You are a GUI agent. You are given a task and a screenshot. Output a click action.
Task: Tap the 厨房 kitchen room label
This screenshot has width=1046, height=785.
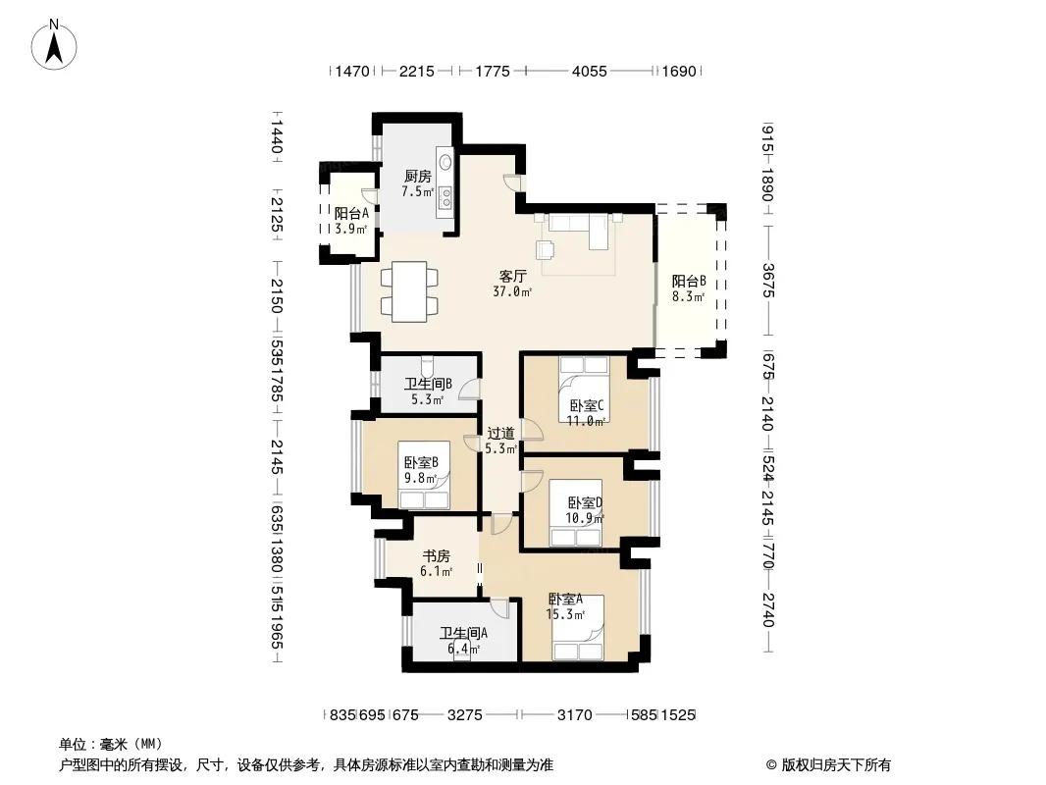[x=418, y=177]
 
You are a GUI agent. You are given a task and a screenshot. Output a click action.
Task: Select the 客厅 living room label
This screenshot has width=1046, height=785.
[x=513, y=276]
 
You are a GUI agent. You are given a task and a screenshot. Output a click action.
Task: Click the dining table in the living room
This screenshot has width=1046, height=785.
[x=409, y=291]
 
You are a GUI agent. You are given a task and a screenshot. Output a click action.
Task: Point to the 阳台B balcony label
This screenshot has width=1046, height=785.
[x=689, y=282]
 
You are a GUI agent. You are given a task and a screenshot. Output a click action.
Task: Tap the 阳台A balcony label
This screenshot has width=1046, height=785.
[x=351, y=214]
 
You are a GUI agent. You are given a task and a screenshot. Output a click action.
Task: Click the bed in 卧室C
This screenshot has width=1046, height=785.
[x=585, y=390]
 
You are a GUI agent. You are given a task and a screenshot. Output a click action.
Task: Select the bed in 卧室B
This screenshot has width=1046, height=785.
[x=424, y=475]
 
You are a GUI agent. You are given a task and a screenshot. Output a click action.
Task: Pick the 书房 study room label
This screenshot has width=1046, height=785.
[x=437, y=556]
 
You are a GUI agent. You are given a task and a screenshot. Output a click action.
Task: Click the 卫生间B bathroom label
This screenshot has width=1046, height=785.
[x=428, y=385]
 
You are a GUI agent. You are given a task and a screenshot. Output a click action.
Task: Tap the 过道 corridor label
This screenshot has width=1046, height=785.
[x=500, y=434]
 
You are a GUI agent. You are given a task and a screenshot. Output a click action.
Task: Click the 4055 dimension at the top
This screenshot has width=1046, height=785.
[x=589, y=71]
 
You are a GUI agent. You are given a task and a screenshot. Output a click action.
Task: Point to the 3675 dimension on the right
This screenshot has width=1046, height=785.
[x=767, y=281]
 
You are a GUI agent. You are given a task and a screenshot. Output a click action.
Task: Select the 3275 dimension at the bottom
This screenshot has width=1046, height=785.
[x=465, y=715]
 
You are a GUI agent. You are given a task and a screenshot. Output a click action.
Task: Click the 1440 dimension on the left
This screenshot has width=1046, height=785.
[x=276, y=136]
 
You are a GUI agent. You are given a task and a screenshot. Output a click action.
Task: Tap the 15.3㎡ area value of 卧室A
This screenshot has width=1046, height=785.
[x=566, y=614]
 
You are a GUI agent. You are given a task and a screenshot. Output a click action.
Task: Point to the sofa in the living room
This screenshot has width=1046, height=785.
[x=578, y=230]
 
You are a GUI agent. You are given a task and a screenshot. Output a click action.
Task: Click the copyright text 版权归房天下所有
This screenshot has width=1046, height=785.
[x=836, y=765]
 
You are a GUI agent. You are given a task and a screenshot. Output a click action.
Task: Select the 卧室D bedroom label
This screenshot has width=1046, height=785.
[x=585, y=502]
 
